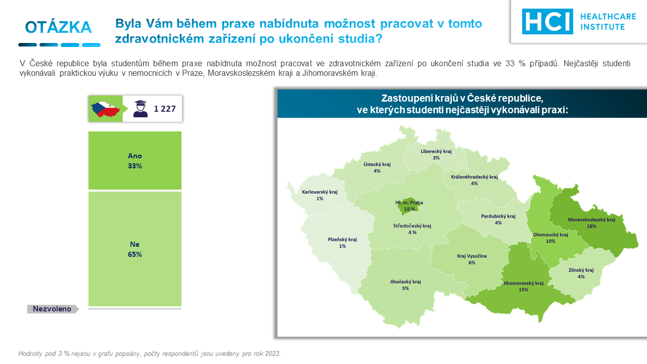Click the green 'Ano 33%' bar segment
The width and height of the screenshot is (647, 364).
135,160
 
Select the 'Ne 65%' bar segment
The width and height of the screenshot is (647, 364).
135,249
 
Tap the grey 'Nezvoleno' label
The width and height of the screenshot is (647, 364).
52,309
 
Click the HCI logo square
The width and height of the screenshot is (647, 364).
547,21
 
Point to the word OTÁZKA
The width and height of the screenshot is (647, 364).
58,27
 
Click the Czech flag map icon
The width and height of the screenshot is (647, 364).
106,109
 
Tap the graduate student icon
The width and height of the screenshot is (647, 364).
141,109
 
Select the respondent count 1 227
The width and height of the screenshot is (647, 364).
165,109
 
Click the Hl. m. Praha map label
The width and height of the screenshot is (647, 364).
409,203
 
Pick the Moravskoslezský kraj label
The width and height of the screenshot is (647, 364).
591,219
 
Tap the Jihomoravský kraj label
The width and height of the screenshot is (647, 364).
523,283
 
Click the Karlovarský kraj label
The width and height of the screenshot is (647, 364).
320,192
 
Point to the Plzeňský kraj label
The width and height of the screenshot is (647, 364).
342,240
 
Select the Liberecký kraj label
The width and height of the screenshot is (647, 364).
436,151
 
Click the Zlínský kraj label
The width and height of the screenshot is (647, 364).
581,270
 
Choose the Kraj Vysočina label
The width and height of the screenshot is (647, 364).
472,256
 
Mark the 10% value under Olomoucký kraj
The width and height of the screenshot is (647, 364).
550,241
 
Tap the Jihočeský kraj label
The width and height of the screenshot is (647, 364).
405,282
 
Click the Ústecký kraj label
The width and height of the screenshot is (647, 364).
377,164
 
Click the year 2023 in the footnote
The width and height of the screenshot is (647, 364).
272,353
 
